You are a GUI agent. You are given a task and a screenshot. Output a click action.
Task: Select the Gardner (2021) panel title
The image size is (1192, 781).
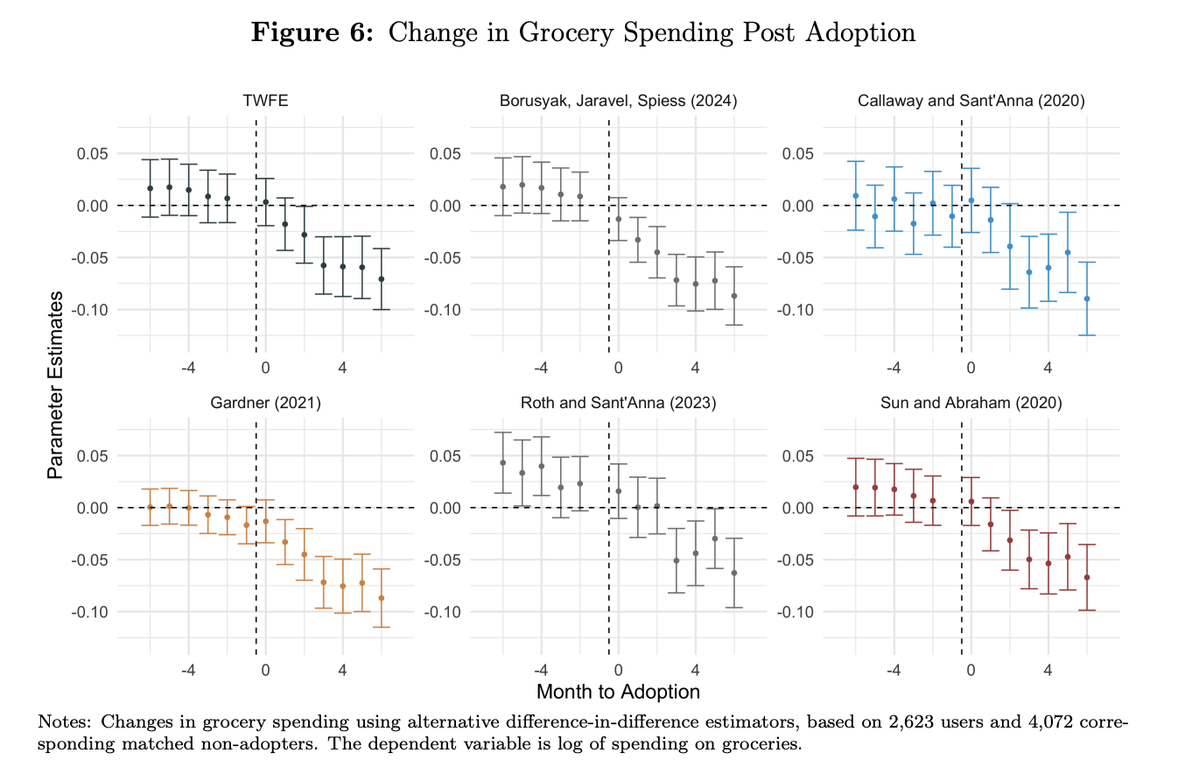[266, 403]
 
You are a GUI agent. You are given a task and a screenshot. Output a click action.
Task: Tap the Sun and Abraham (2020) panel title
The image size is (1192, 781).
[971, 403]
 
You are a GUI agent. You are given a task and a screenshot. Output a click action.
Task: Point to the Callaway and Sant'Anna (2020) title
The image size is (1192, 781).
[971, 101]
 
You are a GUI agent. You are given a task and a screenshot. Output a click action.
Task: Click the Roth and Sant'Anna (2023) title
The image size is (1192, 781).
[618, 403]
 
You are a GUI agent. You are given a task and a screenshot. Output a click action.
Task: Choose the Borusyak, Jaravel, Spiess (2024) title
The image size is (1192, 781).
[618, 101]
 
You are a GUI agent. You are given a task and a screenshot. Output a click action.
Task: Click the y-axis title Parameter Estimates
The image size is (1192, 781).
[55, 384]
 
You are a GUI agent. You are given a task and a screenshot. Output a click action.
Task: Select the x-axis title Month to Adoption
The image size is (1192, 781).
[618, 692]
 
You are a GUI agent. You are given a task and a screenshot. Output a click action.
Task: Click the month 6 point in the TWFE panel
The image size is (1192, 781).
[381, 279]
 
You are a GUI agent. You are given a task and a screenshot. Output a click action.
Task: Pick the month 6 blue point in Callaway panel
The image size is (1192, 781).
[1087, 299]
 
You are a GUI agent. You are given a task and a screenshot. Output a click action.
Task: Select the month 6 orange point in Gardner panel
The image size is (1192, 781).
[381, 598]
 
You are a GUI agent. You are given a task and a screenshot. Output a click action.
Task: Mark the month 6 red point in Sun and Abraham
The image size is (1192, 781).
[1087, 577]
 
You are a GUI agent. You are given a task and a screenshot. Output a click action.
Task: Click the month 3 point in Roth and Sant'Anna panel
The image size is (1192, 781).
[676, 560]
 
